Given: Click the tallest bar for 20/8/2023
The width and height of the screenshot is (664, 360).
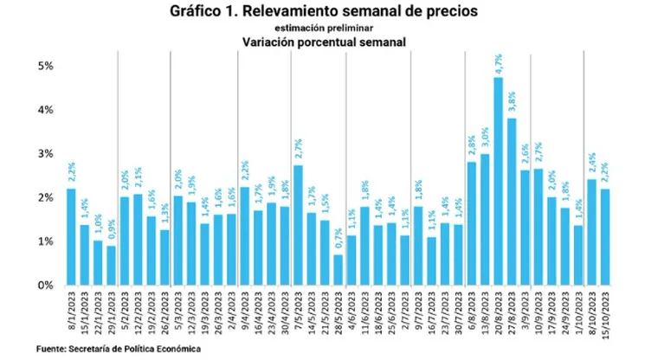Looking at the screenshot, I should [x=499, y=182].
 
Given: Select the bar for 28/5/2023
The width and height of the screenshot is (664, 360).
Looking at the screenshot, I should [x=313, y=270].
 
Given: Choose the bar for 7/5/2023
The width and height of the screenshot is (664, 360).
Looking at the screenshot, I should [x=299, y=225].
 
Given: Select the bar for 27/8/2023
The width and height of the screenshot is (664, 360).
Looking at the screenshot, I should [x=512, y=202].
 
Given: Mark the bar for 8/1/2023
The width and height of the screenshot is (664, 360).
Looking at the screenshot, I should [x=71, y=237].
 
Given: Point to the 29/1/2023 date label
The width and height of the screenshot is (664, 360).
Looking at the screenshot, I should [x=111, y=313].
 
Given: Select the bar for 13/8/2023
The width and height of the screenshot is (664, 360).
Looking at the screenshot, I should [x=485, y=219].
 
